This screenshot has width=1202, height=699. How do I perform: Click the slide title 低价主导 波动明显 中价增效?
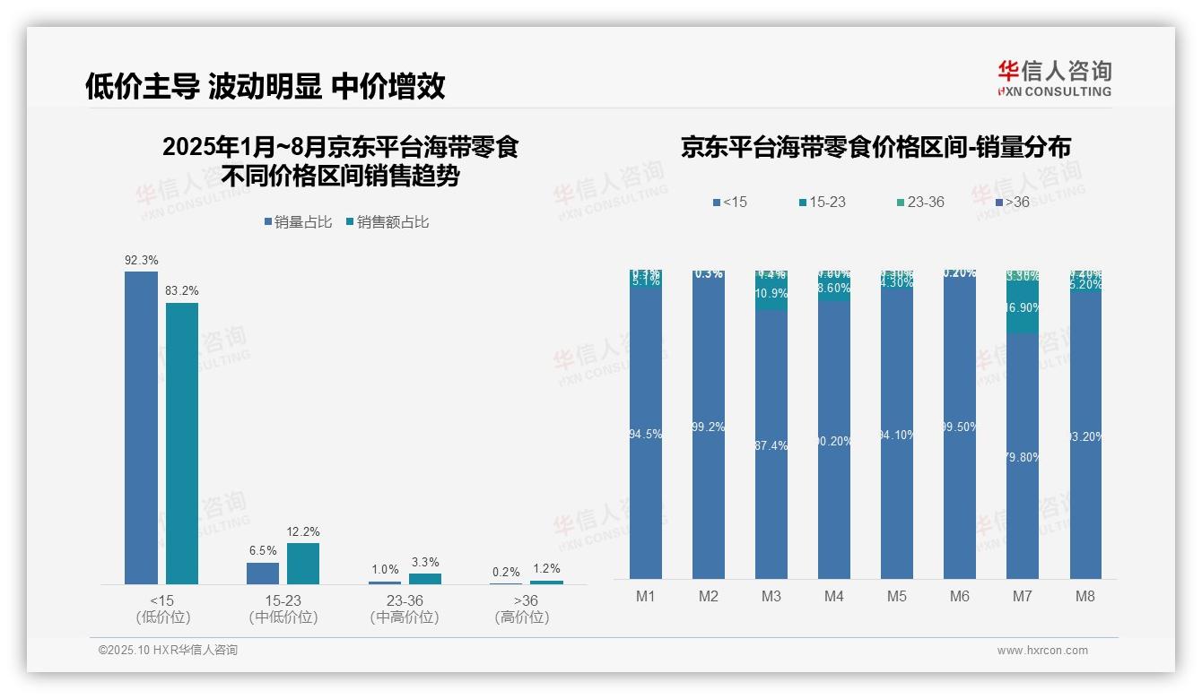(265, 87)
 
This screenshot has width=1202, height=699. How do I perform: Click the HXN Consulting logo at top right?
(1054, 79)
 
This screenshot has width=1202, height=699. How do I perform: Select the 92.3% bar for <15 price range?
(141, 427)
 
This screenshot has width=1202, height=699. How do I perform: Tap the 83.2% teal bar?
(182, 444)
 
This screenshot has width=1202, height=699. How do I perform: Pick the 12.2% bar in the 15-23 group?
(303, 564)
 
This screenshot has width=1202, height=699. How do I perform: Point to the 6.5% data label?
(263, 551)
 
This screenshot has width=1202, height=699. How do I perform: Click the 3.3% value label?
(425, 563)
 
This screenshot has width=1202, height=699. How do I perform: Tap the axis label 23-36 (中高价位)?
(405, 608)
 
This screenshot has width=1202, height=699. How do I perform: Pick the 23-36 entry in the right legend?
(925, 203)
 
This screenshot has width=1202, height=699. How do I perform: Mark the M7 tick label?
(1023, 596)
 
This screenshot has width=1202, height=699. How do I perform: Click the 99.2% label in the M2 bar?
(709, 427)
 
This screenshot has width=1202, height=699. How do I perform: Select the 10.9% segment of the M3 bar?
(771, 294)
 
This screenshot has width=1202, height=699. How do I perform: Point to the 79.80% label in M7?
(1023, 457)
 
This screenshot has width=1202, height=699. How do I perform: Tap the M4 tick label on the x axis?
(834, 596)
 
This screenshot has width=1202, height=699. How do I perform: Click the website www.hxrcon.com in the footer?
(1042, 651)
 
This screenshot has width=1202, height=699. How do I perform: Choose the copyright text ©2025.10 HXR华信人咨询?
(168, 650)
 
